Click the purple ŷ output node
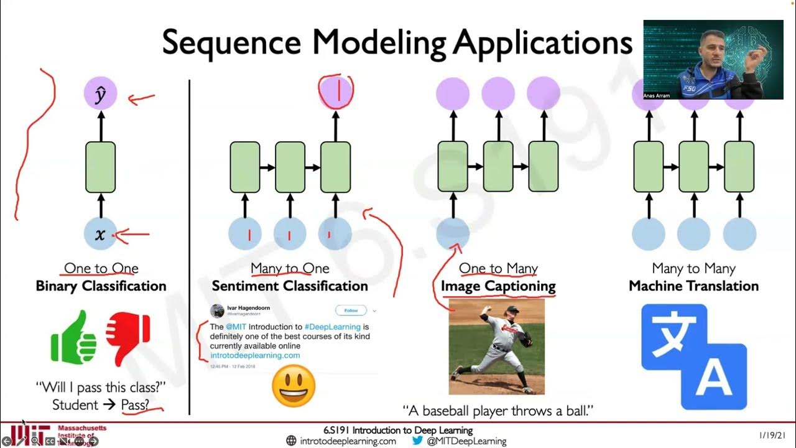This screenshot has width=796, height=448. [100, 95]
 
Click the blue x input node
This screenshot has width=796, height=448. [100, 235]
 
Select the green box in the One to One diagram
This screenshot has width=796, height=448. [100, 167]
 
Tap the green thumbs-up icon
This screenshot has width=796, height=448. [74, 336]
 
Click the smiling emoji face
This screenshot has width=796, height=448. [294, 386]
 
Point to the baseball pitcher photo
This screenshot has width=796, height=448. [496, 346]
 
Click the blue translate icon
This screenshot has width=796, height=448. [693, 356]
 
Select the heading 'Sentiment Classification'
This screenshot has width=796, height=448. [290, 286]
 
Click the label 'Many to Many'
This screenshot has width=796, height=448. [693, 269]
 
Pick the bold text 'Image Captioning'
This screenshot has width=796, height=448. [498, 286]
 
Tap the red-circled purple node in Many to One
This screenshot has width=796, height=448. [336, 92]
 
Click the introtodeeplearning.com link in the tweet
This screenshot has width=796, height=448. [255, 355]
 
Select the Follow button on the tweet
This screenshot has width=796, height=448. [351, 310]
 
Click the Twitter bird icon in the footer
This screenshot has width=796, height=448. [417, 441]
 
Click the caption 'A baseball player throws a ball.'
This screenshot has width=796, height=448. [498, 411]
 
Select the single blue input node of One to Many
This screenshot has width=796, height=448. [453, 235]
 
